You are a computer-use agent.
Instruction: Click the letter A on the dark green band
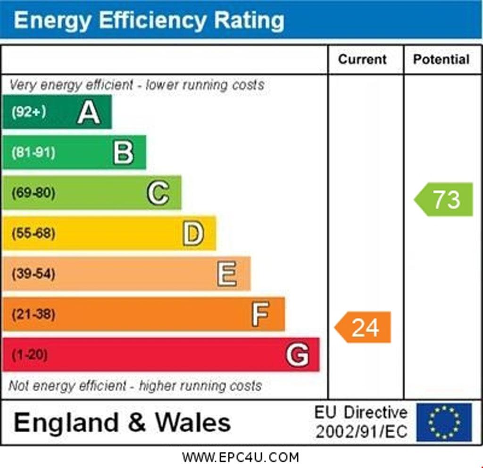89,113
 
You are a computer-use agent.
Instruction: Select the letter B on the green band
124,153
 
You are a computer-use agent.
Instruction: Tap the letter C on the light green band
158,193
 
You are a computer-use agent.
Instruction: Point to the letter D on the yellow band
193,234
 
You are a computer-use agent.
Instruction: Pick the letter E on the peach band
227,274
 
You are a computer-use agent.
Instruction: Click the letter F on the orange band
260,314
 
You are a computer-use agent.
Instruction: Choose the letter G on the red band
298,355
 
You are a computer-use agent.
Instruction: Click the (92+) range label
29,112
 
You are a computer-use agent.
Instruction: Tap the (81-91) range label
33,153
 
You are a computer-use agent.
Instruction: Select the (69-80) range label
33,193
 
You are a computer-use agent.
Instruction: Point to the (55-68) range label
33,233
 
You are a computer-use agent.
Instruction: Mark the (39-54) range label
33,274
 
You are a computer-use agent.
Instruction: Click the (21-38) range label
33,314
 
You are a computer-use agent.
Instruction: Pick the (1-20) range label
29,355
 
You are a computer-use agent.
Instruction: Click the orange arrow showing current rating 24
364,327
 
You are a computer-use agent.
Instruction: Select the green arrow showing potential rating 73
444,199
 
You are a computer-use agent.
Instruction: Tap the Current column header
362,60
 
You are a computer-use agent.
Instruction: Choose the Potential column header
441,60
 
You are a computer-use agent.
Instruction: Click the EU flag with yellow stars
444,422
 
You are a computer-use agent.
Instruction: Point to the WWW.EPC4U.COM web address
241,457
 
